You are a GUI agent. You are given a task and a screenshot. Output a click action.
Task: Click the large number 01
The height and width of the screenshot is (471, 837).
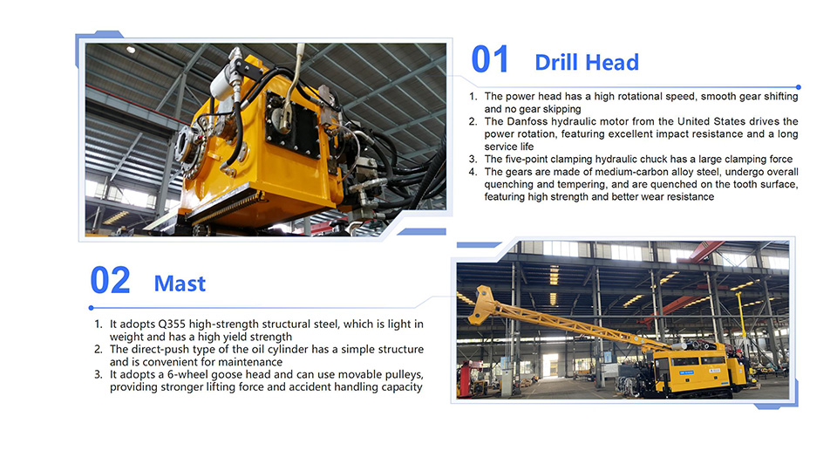point(489,59)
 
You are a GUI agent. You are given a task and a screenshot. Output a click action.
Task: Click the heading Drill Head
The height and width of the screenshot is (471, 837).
point(587,63)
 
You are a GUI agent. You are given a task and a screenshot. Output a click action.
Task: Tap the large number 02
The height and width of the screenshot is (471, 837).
point(110,280)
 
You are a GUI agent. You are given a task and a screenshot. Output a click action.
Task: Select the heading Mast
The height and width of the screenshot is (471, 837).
point(180,283)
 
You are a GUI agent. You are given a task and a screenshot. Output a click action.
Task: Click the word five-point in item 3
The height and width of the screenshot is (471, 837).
point(529,159)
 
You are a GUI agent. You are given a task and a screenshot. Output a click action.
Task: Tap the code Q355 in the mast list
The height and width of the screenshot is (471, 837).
point(172,324)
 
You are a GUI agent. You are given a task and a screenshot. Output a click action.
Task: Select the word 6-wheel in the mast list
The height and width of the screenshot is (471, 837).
point(185,374)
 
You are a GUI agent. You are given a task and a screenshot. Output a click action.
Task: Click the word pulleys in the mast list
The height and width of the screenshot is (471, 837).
point(405,375)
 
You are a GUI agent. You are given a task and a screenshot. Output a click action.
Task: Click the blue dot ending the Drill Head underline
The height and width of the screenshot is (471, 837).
point(798,87)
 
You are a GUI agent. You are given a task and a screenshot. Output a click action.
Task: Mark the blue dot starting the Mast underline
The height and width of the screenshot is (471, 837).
point(92,308)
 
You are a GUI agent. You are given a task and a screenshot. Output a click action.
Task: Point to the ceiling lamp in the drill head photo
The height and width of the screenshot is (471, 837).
point(131,50)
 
